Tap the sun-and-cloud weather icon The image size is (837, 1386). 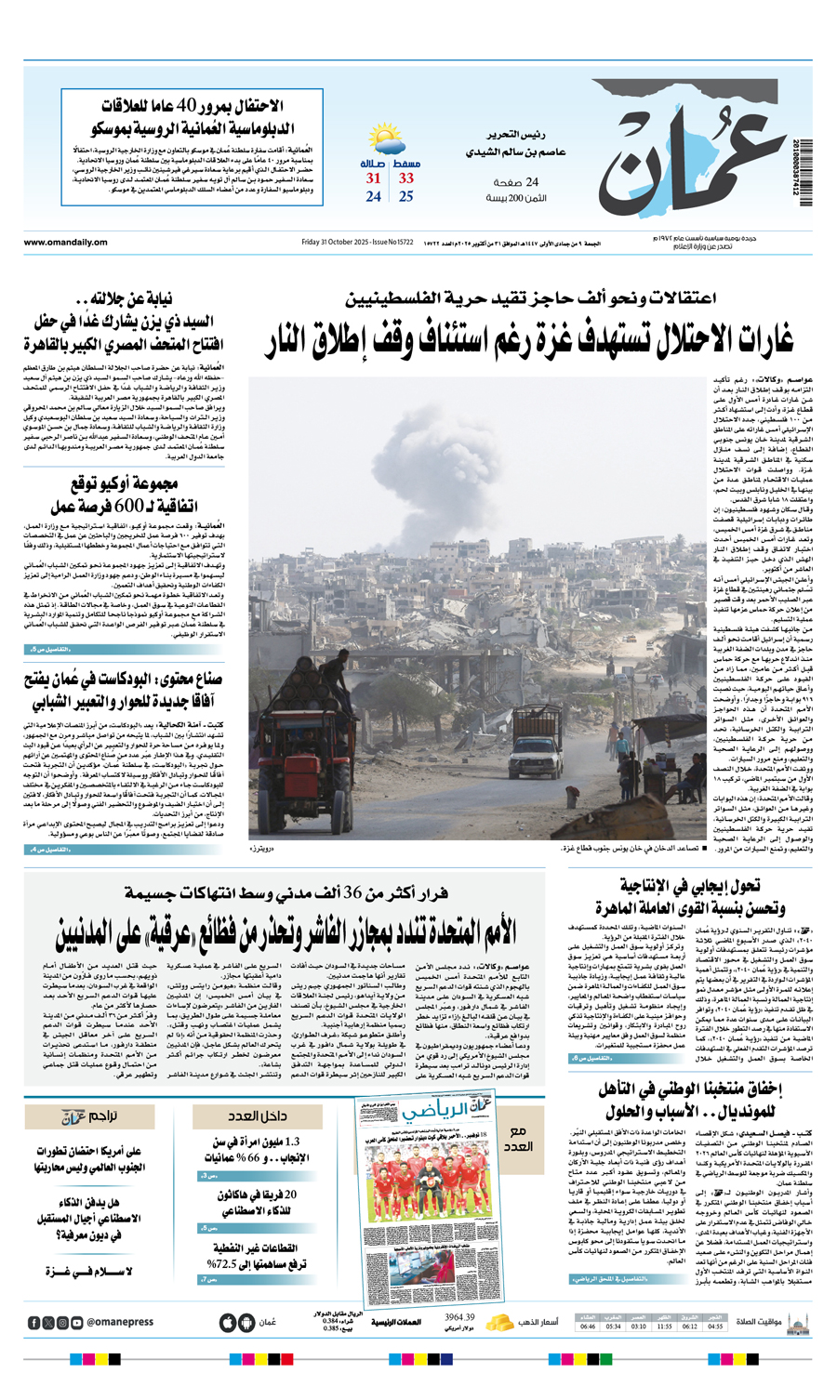(387, 140)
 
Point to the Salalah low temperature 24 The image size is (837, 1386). (373, 197)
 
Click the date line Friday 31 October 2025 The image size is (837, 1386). (357, 243)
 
